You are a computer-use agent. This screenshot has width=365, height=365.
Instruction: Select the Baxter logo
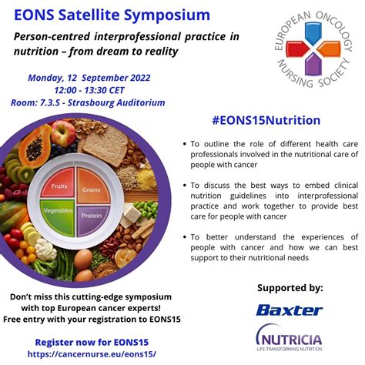290,310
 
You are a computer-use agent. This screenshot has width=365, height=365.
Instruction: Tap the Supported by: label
289,287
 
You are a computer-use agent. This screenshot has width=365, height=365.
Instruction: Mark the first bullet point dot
185,144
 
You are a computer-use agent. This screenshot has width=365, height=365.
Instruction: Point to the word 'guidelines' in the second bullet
250,195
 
